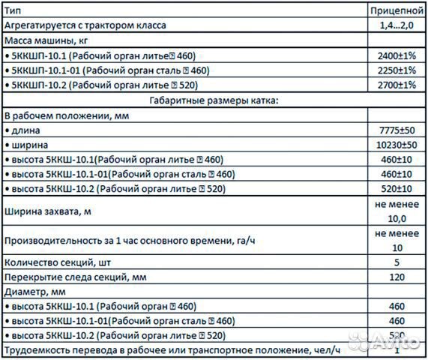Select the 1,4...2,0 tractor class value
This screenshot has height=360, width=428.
point(397,25)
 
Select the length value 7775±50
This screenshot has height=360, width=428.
point(397,130)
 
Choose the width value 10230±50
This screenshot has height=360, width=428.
point(397,145)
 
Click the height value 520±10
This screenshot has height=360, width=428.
point(397,189)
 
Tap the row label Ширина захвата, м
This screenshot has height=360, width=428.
point(48,212)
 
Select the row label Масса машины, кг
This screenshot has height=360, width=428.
point(46,40)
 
